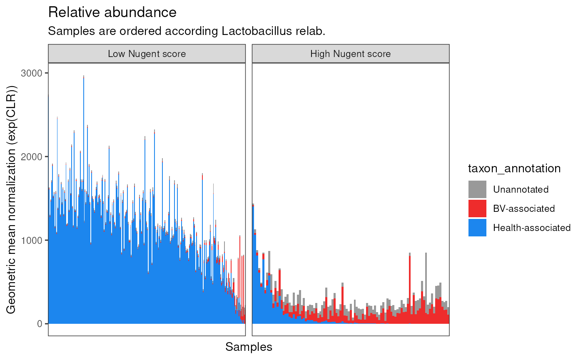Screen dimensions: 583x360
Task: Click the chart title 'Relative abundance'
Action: point(112,12)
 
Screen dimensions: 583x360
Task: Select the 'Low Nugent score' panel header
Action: point(147,54)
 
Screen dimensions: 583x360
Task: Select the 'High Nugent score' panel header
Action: point(351,54)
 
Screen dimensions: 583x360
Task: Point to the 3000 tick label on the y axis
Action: point(32,73)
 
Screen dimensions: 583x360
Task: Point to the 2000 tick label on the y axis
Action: point(32,157)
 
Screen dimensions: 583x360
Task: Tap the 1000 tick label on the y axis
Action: point(32,241)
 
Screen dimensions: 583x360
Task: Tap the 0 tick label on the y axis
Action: point(40,324)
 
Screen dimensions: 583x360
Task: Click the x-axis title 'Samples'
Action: point(249,347)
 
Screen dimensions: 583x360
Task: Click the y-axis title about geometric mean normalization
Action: point(11,199)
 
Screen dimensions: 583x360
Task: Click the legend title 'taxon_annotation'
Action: point(514,169)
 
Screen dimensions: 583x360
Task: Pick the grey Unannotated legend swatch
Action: point(477,189)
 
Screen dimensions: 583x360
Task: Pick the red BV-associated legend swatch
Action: point(477,209)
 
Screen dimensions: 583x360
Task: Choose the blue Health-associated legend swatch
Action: point(477,228)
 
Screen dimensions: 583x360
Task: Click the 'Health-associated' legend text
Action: point(532,228)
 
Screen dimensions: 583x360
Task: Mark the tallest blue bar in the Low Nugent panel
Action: point(84,200)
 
